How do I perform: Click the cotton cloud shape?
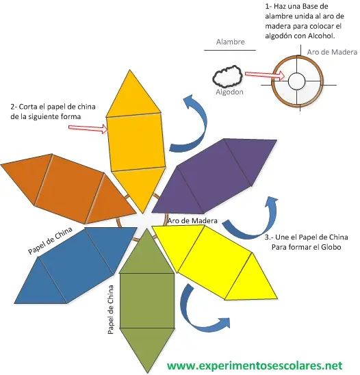point(227,76)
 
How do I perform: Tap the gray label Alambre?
point(231,42)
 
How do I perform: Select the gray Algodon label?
point(229,92)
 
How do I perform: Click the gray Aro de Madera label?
point(332,52)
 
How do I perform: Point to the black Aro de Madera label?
point(192,220)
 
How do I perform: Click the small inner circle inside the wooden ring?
point(296,81)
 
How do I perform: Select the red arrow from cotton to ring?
point(265,75)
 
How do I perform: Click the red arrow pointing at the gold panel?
point(88,128)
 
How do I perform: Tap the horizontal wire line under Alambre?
point(230,50)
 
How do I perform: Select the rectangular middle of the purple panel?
point(214,175)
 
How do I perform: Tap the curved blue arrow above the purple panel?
point(192,125)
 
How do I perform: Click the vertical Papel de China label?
point(110,310)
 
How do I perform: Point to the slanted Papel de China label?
point(50,240)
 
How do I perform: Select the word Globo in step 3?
point(331,247)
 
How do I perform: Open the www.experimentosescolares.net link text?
point(255,365)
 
